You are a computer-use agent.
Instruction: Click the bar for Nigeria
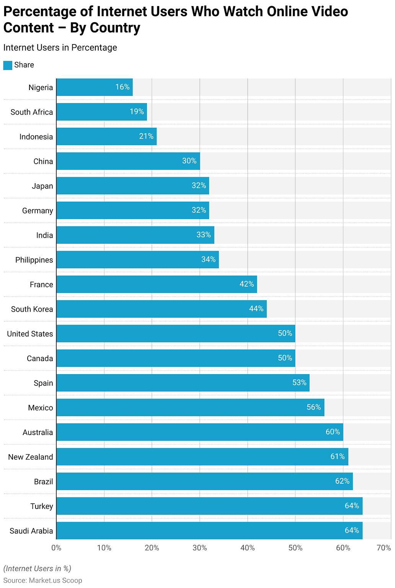point(94,87)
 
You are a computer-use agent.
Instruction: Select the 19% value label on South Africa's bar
point(137,112)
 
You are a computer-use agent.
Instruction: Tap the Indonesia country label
point(36,137)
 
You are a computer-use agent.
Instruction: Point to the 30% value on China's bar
point(189,161)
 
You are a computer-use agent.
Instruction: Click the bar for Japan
point(132,186)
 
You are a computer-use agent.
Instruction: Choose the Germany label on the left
point(38,211)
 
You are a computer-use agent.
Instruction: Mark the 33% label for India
point(204,235)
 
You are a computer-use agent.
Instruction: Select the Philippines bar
point(137,260)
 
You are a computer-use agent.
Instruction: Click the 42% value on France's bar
point(246,284)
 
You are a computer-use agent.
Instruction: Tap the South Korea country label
point(32,309)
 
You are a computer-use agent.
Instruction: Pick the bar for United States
point(176,333)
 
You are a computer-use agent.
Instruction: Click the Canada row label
point(40,358)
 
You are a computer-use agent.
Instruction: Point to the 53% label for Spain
point(299,383)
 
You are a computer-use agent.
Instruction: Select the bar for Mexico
point(190,407)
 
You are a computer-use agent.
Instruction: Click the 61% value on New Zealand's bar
point(337,457)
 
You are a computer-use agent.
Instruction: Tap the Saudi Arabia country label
point(31,531)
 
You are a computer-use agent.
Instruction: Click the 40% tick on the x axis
point(247,548)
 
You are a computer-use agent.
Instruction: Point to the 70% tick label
point(384,548)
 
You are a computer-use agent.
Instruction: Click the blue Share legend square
point(8,65)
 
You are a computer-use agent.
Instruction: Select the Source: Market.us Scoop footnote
point(42,580)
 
